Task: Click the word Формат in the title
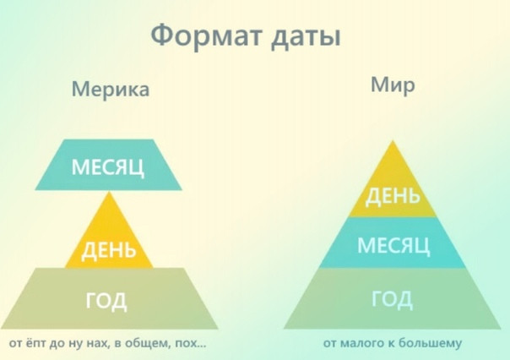tap(206, 35)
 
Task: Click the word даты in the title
tap(306, 36)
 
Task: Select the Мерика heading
tap(111, 89)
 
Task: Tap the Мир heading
tap(393, 85)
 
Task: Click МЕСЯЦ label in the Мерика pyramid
tap(108, 167)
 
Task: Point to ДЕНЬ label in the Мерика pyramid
tap(109, 250)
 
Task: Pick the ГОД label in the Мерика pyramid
tap(106, 301)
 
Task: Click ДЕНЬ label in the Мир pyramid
tap(393, 197)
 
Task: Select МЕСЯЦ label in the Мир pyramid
tap(393, 245)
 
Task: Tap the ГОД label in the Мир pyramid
tap(393, 299)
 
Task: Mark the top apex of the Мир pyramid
tap(393, 140)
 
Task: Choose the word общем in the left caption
tap(148, 343)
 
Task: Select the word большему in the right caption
tap(430, 343)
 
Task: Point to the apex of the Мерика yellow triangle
tap(110, 191)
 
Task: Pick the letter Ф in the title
tap(161, 35)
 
